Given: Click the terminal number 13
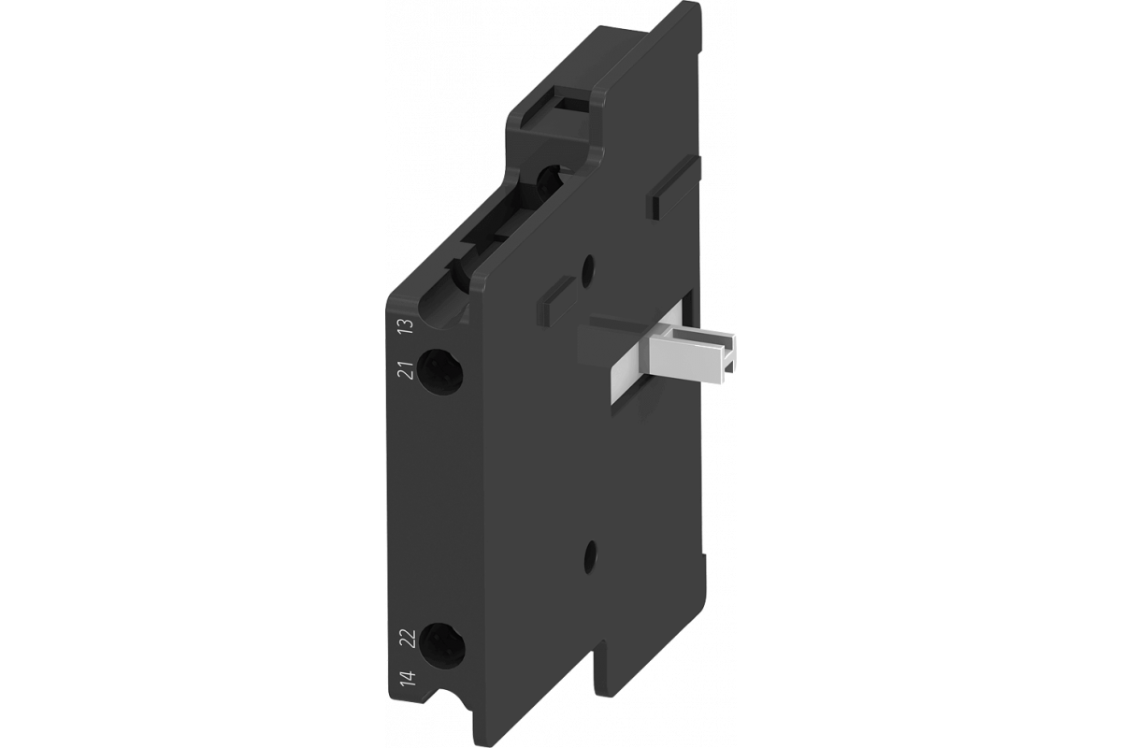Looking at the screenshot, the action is coord(409,326).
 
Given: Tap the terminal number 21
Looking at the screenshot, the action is coord(409,370).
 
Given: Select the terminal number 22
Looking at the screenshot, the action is coord(410,639).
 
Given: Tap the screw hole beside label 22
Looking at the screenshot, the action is coord(441,646).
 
